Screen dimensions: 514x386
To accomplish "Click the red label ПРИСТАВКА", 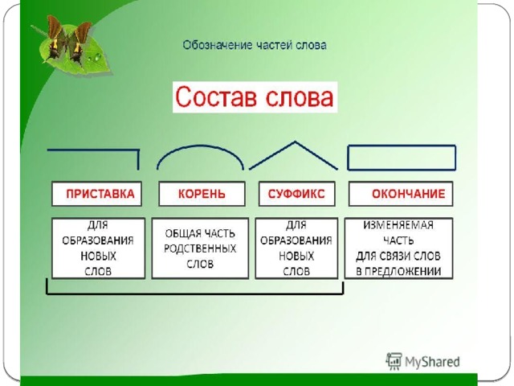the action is (100, 194).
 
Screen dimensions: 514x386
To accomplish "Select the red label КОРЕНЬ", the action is (202, 194).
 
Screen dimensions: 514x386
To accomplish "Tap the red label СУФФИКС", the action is (296, 194).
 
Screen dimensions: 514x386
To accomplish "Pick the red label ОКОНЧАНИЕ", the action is (409, 194).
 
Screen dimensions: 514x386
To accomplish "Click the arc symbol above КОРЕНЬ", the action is (200, 146).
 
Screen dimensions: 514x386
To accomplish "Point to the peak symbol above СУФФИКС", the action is (295, 142).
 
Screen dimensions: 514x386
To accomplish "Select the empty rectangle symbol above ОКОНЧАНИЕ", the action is (402, 146).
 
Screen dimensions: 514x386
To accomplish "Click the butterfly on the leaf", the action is (68, 40).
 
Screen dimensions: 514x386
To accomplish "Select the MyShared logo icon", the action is (394, 361).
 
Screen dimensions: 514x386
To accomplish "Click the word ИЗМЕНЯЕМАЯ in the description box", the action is (398, 225).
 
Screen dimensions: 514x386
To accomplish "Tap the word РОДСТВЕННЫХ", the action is (200, 248).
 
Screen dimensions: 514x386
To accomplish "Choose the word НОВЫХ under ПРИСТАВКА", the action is (98, 256).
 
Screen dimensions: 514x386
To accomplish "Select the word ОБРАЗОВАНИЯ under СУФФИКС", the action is (296, 240).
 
